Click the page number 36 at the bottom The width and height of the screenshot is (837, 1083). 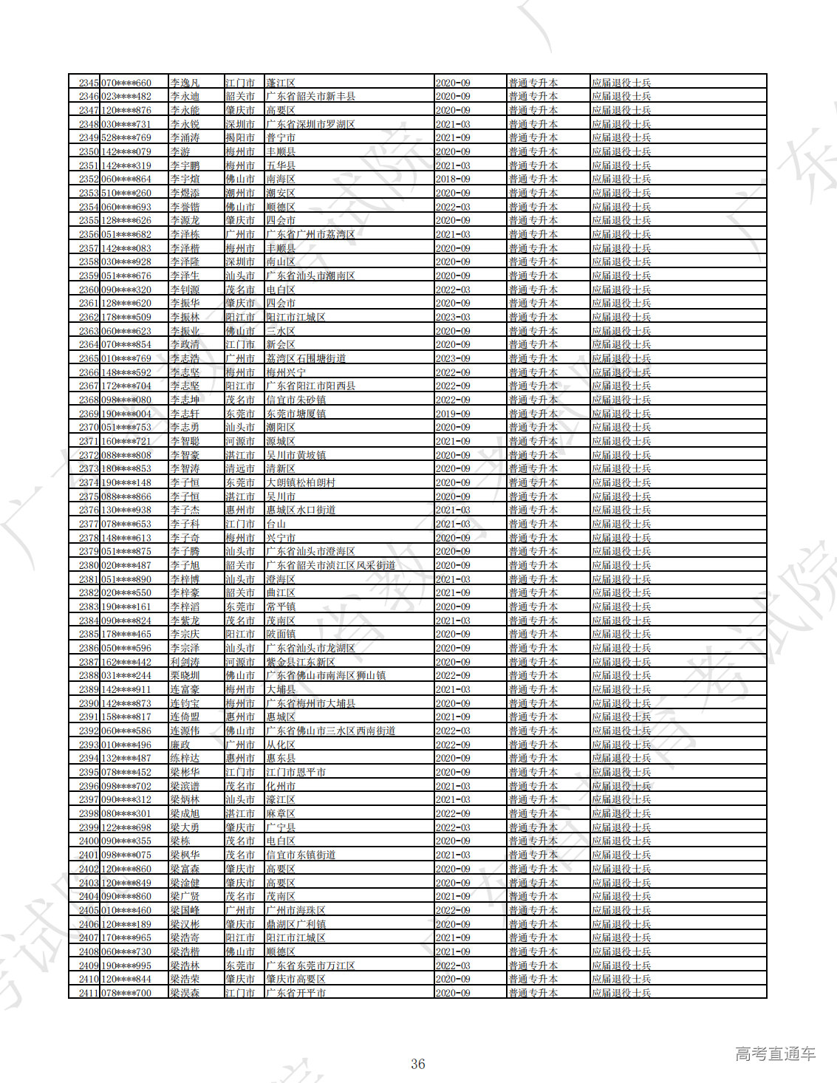(418, 1064)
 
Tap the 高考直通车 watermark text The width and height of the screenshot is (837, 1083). (775, 1053)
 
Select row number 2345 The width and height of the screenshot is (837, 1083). (89, 83)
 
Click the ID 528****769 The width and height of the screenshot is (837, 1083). (126, 138)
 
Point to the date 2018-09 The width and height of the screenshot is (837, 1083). (453, 180)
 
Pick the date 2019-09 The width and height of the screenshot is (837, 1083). (453, 414)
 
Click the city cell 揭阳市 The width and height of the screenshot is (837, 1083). (240, 138)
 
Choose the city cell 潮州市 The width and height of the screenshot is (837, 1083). (240, 194)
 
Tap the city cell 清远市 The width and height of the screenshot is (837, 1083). (240, 469)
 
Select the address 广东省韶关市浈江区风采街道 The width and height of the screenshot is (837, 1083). (331, 566)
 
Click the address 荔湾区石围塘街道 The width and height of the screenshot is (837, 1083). (306, 359)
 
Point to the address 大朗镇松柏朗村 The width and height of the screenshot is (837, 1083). (301, 483)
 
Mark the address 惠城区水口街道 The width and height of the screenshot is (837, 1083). (301, 510)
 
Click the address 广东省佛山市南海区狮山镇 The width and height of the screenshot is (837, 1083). (326, 676)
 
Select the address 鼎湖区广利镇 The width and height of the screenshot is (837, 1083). (295, 924)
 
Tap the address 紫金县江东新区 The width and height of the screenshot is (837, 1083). (301, 663)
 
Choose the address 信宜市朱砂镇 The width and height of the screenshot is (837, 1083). (295, 400)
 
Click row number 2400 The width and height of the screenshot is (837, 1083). (89, 841)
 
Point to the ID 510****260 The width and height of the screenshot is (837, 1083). (126, 194)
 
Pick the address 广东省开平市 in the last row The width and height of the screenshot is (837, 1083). (295, 993)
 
